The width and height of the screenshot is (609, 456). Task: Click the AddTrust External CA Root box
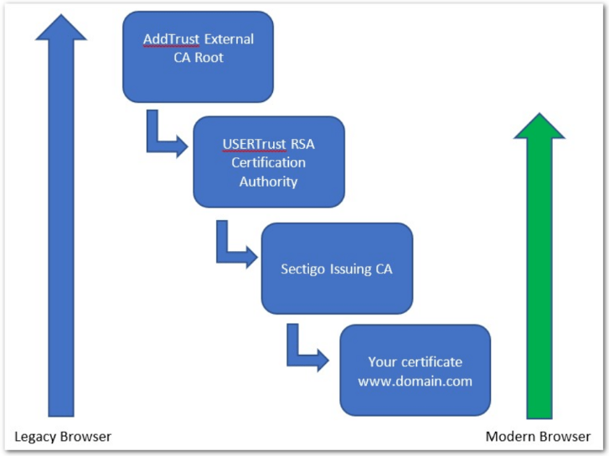tap(198, 56)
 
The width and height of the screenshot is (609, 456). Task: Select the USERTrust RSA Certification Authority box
tap(268, 161)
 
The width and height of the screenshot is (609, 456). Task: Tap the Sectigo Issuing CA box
tap(337, 269)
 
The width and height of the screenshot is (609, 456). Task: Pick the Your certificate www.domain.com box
tap(415, 371)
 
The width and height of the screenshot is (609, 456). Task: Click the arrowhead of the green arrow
tap(539, 130)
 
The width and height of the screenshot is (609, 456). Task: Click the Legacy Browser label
tap(63, 437)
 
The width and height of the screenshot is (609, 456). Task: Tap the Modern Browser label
tap(538, 437)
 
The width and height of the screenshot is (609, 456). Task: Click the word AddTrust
tap(170, 39)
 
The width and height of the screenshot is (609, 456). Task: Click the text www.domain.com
tap(415, 381)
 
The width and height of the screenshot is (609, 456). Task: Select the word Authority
tap(268, 181)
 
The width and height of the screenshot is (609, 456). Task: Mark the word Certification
tap(268, 162)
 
